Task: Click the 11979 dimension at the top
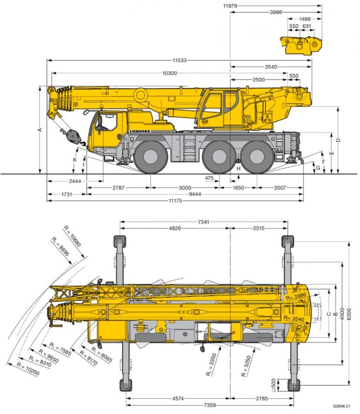[x=230, y=6]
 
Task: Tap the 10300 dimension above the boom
[x=170, y=73]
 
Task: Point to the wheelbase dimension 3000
[x=185, y=188]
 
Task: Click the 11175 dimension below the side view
[x=175, y=201]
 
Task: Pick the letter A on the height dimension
[x=40, y=130]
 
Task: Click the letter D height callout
[x=338, y=140]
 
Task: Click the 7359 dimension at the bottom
[x=210, y=405]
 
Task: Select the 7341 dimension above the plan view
[x=204, y=222]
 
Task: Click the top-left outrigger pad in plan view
[x=118, y=241]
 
